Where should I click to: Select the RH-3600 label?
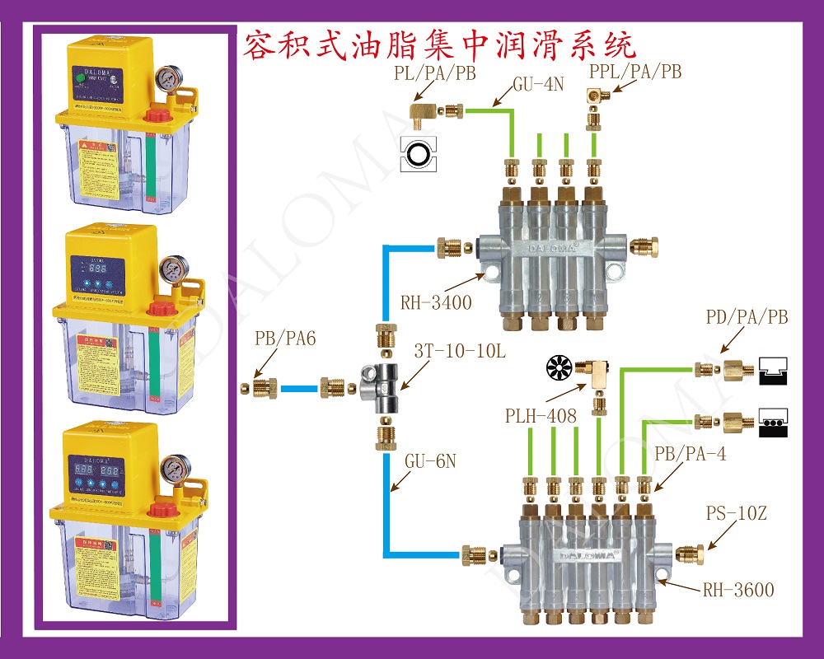[738, 590]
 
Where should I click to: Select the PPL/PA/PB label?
[635, 72]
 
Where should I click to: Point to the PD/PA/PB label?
[747, 318]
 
